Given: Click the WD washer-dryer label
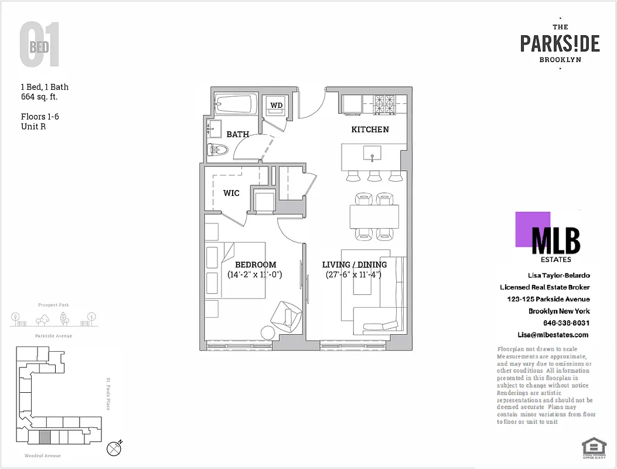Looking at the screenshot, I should point(276,106).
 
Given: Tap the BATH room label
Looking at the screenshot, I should point(237,134).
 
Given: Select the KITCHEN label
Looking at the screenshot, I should point(370,129).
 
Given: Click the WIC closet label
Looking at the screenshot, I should point(231,193).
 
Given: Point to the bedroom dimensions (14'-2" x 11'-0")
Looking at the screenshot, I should point(255,274).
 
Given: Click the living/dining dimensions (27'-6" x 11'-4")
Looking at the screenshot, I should point(353,274).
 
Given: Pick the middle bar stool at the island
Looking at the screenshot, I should point(373,176).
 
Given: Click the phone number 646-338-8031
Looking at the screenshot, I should point(566,323).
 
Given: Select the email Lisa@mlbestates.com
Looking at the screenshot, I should point(553,335).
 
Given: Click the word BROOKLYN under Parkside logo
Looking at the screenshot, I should point(560,59).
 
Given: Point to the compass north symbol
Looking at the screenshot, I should point(115,448).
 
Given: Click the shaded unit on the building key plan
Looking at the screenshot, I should point(44,437).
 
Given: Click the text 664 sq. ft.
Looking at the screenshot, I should point(39,97).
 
